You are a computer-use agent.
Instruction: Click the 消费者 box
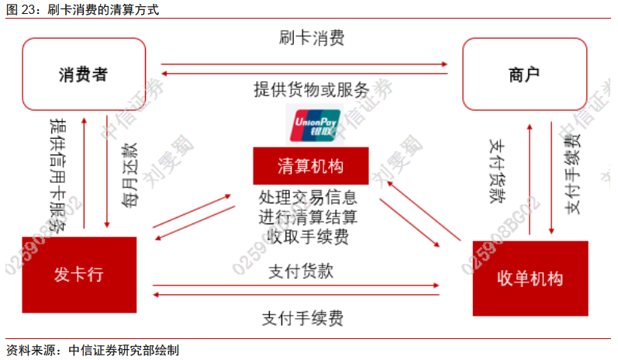tap(83, 74)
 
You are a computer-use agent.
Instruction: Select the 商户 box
tap(524, 74)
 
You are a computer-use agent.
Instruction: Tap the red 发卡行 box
tap(78, 275)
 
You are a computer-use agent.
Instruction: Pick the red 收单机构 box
tap(530, 279)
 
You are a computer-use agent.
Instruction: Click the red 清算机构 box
tap(310, 165)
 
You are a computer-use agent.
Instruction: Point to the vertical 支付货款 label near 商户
tap(498, 172)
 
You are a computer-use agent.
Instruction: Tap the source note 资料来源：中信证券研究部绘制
tap(93, 350)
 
